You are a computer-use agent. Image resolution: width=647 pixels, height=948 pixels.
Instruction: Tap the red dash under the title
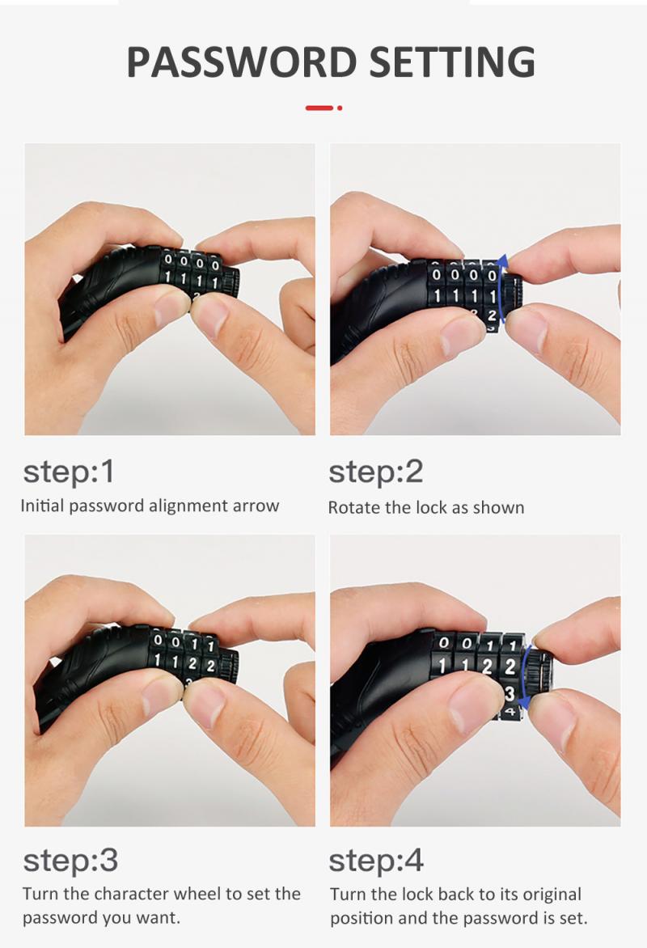point(319,108)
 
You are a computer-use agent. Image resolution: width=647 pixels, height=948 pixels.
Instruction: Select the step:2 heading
point(376,472)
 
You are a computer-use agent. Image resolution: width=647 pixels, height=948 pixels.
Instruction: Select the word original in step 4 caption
point(549,895)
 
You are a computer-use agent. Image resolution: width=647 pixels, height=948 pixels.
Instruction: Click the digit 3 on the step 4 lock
point(510,694)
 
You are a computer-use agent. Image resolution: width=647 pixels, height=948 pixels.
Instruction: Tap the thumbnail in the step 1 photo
point(212,318)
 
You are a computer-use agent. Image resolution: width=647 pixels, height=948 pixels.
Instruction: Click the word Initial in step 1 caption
point(43,506)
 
